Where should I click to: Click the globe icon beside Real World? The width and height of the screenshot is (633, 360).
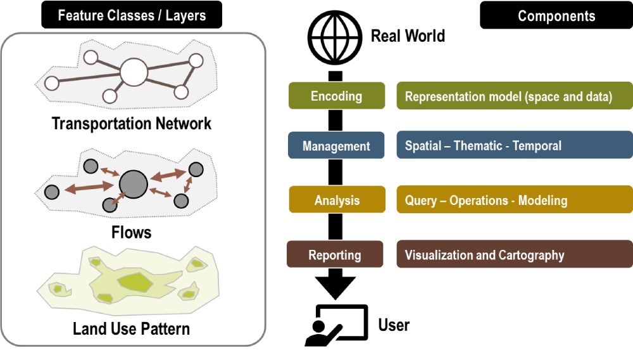tap(335, 37)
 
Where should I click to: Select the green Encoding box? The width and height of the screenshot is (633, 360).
tap(337, 96)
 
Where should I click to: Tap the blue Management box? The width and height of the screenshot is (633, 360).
tap(336, 146)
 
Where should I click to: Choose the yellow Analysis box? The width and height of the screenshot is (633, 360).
tap(337, 200)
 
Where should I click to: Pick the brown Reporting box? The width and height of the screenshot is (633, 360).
tap(335, 254)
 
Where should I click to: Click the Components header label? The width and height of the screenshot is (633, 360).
tap(556, 15)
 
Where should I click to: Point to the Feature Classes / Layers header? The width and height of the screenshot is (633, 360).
tap(132, 15)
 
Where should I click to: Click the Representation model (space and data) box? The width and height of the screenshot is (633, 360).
tap(515, 96)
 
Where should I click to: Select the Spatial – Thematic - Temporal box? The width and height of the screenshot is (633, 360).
tap(515, 145)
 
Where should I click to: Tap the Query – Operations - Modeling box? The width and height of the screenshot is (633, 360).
tap(515, 199)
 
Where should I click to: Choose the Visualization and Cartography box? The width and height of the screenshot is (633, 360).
tap(515, 254)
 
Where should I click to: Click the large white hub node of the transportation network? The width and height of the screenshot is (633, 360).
tap(134, 72)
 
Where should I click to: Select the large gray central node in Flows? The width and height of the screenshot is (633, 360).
tap(134, 184)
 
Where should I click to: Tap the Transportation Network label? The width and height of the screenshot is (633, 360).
tap(132, 123)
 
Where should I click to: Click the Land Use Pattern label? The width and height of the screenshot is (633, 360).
tap(131, 328)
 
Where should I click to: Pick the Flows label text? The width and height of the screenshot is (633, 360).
tap(132, 232)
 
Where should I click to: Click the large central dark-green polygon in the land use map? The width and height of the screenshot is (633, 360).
tap(135, 282)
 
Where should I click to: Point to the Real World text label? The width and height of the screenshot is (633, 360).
tap(408, 36)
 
